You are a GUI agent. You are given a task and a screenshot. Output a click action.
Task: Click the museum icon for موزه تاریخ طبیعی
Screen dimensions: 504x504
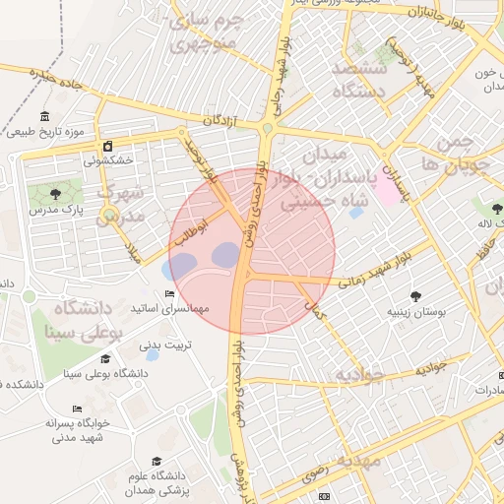pos(47,116)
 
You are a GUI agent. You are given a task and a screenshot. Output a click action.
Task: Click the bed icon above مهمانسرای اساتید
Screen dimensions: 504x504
pos(170,294)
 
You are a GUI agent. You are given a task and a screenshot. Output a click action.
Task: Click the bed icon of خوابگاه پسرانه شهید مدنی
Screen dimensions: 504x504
pos(77,409)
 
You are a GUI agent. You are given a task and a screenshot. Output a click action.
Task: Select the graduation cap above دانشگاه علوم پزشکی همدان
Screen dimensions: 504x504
pos(156,462)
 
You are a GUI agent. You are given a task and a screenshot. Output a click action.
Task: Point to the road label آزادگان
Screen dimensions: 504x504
pos(220,120)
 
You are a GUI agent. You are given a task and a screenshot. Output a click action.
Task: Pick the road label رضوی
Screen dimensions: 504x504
pos(313,472)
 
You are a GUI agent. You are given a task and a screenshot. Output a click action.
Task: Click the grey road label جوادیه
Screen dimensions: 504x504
pos(431,366)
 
